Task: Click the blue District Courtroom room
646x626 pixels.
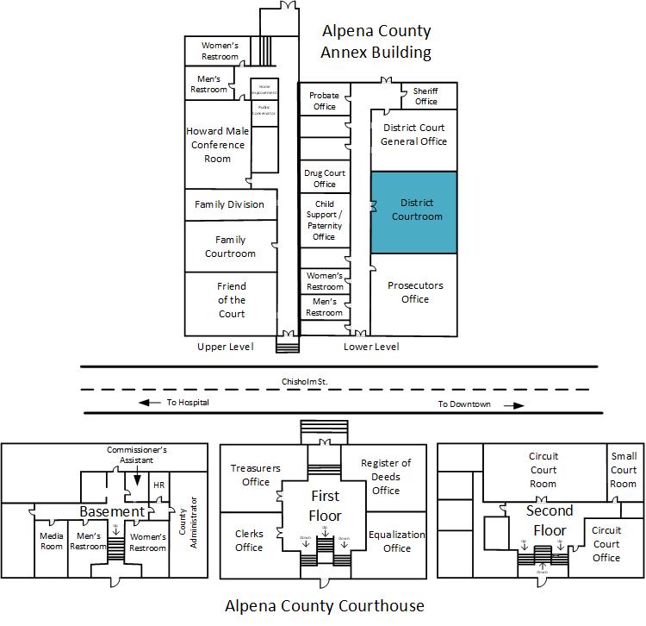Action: pyautogui.click(x=413, y=211)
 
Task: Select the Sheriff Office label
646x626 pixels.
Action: pyautogui.click(x=425, y=96)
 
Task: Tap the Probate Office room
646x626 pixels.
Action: pyautogui.click(x=324, y=101)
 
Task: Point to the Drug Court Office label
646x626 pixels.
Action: pyautogui.click(x=325, y=178)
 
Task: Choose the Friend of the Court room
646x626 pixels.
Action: pyautogui.click(x=231, y=300)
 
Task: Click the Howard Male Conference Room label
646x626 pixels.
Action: pyautogui.click(x=217, y=145)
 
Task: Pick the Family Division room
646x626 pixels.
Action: pyautogui.click(x=229, y=205)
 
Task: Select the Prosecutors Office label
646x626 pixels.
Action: pyautogui.click(x=415, y=292)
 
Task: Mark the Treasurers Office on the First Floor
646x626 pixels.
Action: pyautogui.click(x=256, y=475)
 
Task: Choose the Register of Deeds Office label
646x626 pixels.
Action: pyautogui.click(x=386, y=477)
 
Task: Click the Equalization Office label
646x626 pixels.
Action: pyautogui.click(x=397, y=541)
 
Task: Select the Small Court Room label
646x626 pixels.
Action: pyautogui.click(x=623, y=470)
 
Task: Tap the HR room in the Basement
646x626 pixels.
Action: pyautogui.click(x=158, y=485)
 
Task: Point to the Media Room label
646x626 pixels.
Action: pyautogui.click(x=52, y=541)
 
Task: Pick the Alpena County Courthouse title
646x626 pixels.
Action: pyautogui.click(x=325, y=605)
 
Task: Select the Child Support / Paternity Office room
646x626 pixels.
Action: pyautogui.click(x=324, y=219)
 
